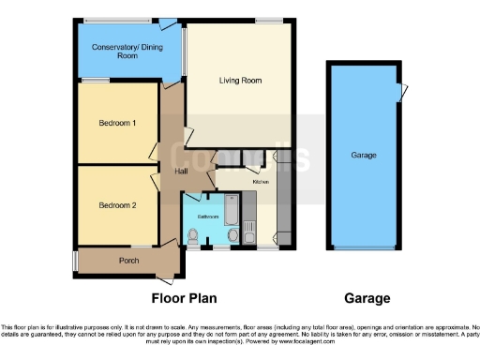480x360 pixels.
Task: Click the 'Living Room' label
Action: pyautogui.click(x=239, y=81)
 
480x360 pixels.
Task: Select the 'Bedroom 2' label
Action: pyautogui.click(x=118, y=204)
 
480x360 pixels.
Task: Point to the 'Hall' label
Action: pyautogui.click(x=180, y=172)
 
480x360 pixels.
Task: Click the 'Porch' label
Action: pyautogui.click(x=127, y=260)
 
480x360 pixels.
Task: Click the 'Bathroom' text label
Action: pyautogui.click(x=208, y=216)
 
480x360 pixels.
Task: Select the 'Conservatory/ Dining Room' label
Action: pyautogui.click(x=127, y=52)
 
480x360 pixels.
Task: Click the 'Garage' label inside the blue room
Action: pyautogui.click(x=364, y=156)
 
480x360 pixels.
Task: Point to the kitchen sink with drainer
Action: pyautogui.click(x=250, y=223)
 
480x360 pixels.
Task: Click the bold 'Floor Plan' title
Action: pyautogui.click(x=184, y=298)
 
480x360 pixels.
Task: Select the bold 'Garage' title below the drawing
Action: pyautogui.click(x=367, y=298)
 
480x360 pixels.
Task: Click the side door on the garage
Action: pyautogui.click(x=404, y=92)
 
